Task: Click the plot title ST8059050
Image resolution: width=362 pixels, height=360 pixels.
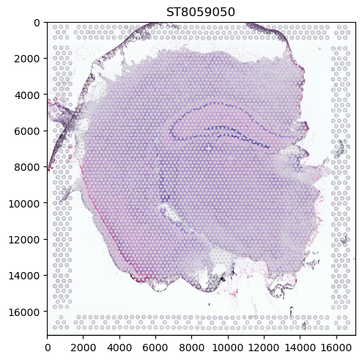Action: coord(201,12)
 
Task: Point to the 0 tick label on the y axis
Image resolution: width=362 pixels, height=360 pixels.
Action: coord(37,23)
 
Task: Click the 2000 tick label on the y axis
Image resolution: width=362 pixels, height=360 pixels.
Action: coord(27,59)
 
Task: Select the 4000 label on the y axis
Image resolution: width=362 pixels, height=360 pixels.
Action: coord(27,95)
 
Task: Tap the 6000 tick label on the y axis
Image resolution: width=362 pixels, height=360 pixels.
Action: coord(27,131)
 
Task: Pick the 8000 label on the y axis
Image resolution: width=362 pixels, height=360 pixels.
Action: coord(27,167)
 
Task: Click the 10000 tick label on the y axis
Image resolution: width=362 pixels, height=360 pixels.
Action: coord(24,204)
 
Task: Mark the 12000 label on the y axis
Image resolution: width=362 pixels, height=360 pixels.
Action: coord(24,240)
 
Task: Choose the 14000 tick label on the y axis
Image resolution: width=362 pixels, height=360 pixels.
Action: coord(24,276)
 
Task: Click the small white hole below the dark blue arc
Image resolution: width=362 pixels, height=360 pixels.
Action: coord(209,148)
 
